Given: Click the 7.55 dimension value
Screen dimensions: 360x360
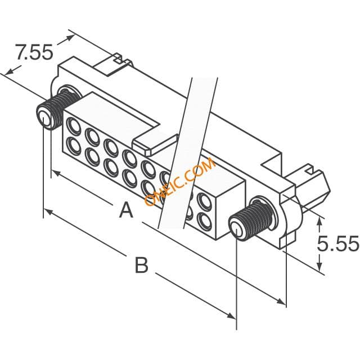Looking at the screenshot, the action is coord(34,52).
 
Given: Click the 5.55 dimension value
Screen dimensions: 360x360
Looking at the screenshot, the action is coord(338,243).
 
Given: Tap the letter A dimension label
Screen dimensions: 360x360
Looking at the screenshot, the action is coord(126,210).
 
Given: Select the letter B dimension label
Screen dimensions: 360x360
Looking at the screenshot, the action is coord(141,265).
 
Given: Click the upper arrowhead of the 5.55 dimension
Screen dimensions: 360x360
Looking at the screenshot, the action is coord(319,222).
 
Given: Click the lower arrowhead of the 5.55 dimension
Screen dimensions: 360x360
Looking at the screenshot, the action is coord(319,265).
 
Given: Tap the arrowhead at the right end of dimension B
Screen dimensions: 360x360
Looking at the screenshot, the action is coord(231,316).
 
